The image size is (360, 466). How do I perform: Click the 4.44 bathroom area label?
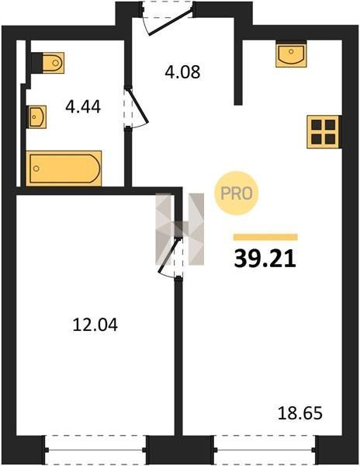[83, 106]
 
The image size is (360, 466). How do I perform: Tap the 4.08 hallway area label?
[182, 72]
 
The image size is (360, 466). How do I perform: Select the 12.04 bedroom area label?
[95, 325]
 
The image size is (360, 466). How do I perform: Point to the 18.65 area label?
[299, 413]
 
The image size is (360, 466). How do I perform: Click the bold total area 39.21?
[265, 259]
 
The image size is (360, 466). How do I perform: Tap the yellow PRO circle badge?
[237, 193]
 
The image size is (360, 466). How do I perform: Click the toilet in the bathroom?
[48, 63]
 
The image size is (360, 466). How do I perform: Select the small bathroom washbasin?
[36, 116]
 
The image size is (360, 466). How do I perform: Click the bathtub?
[64, 169]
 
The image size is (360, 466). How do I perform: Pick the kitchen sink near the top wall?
[291, 54]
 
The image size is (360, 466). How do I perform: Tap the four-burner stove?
[323, 132]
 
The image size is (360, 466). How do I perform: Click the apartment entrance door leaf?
[171, 23]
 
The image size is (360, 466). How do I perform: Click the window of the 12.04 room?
[95, 450]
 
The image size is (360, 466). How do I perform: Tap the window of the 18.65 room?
[265, 450]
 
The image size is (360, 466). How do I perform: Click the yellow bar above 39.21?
[265, 237]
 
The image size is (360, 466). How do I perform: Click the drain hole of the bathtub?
[36, 169]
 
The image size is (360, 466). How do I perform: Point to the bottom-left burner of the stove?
[317, 138]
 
